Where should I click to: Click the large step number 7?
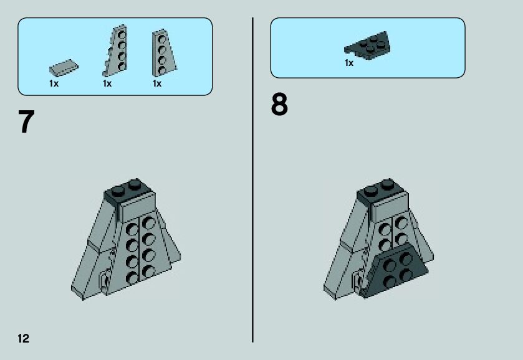tap(26, 122)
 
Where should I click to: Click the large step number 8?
tap(279, 105)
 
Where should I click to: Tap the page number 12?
tap(23, 338)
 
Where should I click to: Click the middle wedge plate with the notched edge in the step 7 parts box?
tap(115, 50)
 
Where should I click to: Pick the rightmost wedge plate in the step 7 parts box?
tap(164, 53)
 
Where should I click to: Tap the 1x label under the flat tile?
tap(54, 83)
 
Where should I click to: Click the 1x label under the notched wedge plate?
tap(107, 83)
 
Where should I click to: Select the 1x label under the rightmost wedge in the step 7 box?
tap(156, 83)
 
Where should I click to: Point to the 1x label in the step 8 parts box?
tap(349, 63)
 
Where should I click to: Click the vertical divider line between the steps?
tap(253, 180)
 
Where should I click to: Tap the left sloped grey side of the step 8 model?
tap(345, 253)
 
